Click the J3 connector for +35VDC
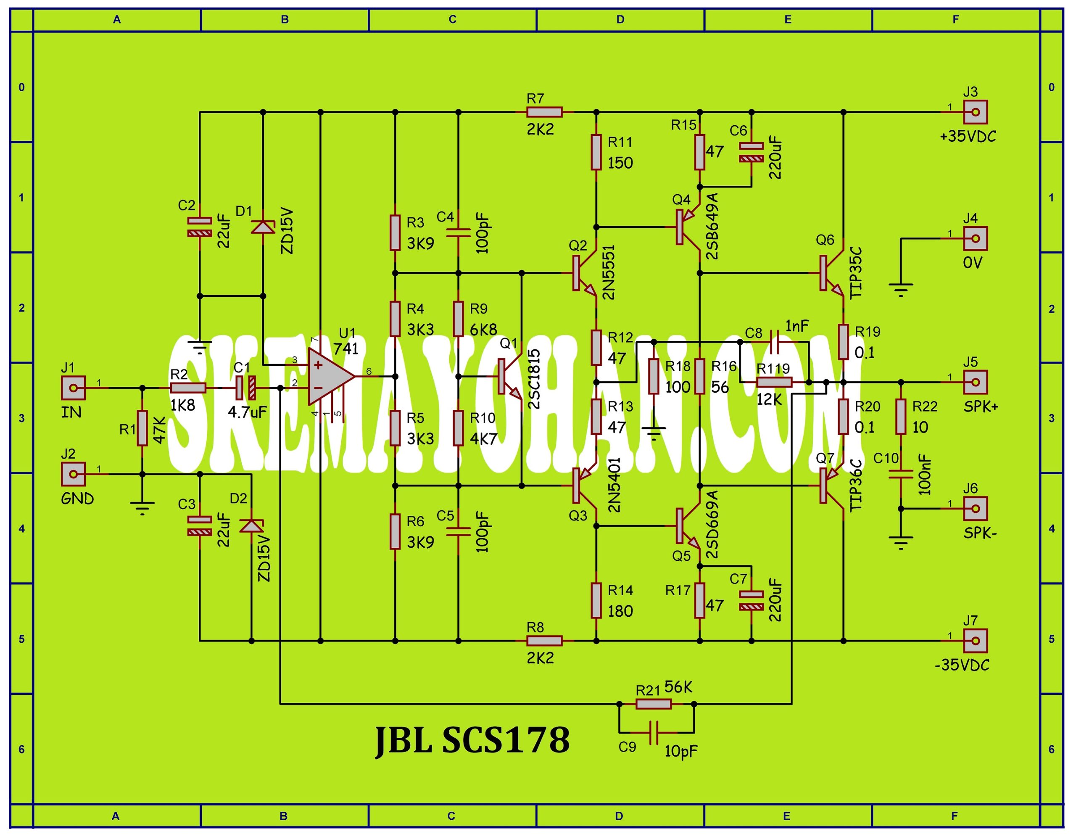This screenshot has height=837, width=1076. pos(975,112)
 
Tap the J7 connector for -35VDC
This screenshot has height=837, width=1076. pos(975,641)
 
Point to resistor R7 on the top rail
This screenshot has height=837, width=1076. pos(544,112)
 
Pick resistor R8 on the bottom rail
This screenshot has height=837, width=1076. pos(544,641)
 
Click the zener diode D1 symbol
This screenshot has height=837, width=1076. pos(263,227)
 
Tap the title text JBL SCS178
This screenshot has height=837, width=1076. pos(472,740)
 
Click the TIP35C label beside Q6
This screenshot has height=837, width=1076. pos(856,272)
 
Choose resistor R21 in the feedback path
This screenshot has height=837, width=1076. pos(653,704)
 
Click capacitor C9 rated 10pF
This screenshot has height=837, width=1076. pos(654,733)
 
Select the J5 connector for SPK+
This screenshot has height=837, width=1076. pos(975,382)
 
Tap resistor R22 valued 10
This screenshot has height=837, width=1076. pos(901,417)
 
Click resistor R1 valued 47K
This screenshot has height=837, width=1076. pos(142,428)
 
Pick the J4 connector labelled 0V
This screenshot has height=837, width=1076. pos(975,239)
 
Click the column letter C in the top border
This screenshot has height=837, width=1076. pos(452,20)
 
